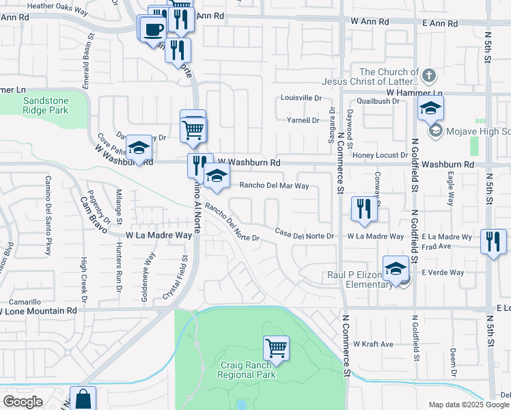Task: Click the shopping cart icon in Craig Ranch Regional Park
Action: pyautogui.click(x=276, y=348)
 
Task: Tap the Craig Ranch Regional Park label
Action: pyautogui.click(x=247, y=370)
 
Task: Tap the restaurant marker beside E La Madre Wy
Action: pyautogui.click(x=493, y=242)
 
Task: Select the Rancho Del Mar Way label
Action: pyautogui.click(x=273, y=185)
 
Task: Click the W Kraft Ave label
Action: pyautogui.click(x=374, y=344)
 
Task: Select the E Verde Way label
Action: pyautogui.click(x=442, y=272)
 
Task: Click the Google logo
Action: pyautogui.click(x=23, y=402)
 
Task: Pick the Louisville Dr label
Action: pyautogui.click(x=301, y=98)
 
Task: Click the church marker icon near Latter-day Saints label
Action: pyautogui.click(x=428, y=74)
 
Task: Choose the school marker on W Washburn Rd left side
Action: pyautogui.click(x=139, y=148)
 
